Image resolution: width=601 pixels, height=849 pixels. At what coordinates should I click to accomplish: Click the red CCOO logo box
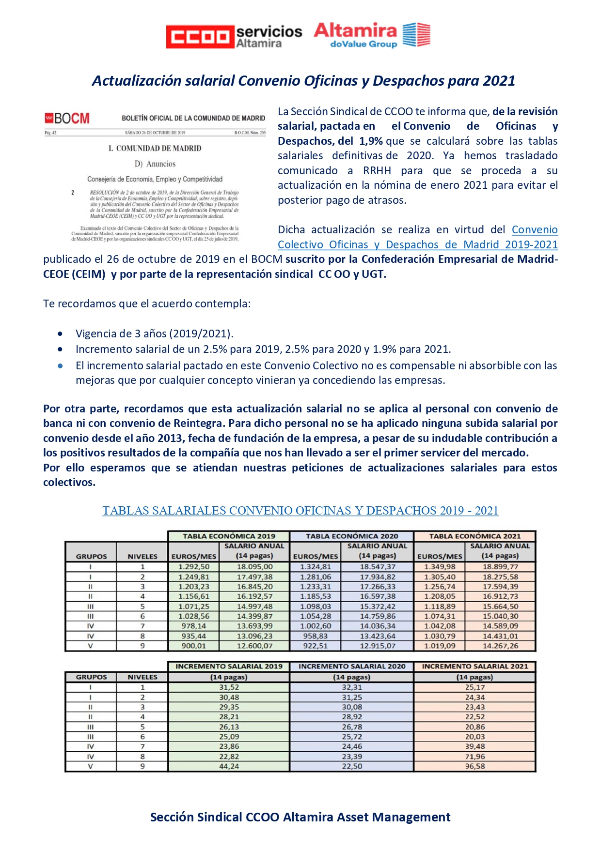click(200, 37)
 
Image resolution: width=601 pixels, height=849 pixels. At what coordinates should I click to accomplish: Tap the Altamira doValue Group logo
click(372, 35)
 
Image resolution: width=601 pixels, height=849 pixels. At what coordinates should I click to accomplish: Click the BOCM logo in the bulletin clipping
click(67, 119)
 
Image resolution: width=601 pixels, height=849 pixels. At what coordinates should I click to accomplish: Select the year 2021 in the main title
click(498, 81)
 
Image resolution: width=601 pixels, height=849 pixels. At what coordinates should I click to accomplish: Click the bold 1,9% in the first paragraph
click(371, 141)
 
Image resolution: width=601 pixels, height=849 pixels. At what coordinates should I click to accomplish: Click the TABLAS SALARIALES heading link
click(300, 511)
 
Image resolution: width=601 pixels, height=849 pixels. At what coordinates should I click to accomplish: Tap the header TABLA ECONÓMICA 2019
click(229, 536)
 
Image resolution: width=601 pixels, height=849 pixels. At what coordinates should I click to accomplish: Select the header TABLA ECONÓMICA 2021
click(474, 536)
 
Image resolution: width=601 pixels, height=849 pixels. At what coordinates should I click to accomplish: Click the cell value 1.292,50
click(194, 567)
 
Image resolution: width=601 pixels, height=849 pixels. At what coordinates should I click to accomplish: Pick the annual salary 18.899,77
click(500, 567)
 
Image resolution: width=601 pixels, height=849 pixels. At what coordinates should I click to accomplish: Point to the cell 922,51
click(316, 646)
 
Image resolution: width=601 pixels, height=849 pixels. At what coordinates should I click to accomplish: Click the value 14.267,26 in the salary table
click(500, 646)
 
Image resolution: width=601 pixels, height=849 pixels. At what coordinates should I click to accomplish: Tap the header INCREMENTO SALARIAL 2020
click(352, 667)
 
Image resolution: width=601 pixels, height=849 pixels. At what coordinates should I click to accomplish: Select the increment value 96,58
click(474, 766)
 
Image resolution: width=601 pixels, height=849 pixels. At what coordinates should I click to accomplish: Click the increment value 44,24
click(229, 766)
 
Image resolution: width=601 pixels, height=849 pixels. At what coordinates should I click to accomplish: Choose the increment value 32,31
click(352, 687)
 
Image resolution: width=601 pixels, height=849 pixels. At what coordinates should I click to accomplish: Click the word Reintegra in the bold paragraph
click(200, 424)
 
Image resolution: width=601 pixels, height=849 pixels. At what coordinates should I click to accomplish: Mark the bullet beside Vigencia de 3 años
click(60, 334)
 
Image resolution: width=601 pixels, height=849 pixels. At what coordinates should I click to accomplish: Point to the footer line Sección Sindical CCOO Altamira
click(300, 817)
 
